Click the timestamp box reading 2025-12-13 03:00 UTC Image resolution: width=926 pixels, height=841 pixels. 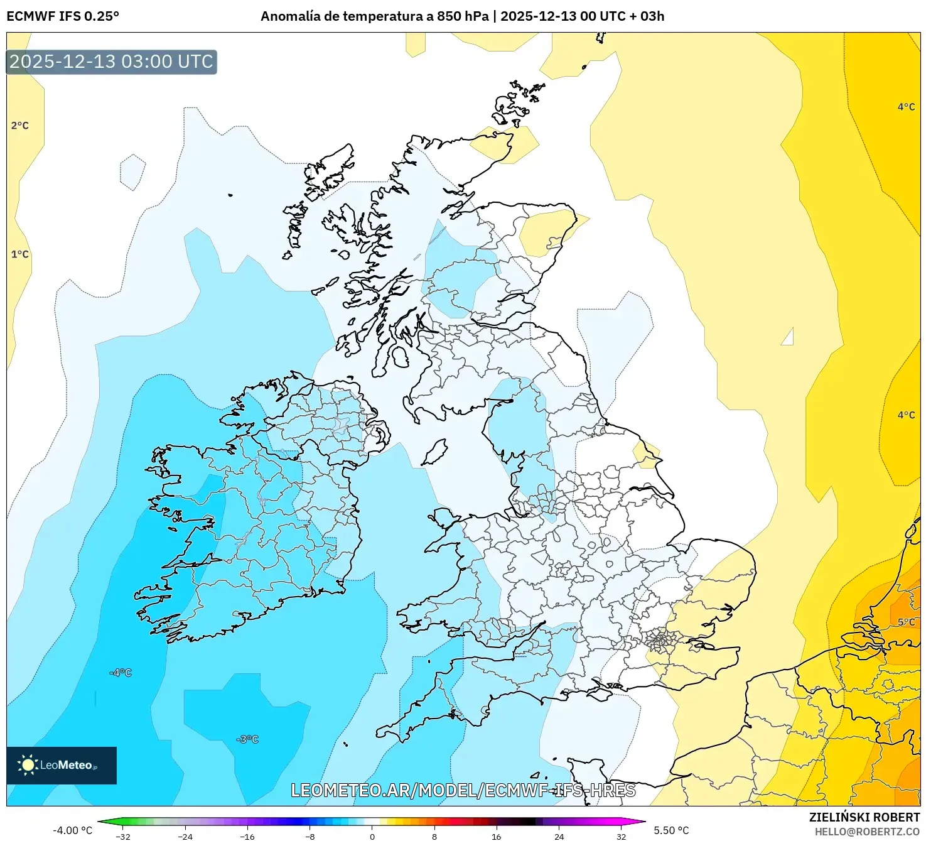111,62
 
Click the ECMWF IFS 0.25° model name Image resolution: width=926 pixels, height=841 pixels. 63,16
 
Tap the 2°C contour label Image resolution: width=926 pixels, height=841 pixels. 20,126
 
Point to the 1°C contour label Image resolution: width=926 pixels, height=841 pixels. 20,254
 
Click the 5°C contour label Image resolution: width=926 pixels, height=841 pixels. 906,622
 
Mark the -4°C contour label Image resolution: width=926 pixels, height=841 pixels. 121,673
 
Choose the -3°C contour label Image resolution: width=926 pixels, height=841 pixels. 248,739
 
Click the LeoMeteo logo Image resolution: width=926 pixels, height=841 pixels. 62,765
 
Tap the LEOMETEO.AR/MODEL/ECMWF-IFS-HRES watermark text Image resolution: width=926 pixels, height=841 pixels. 463,790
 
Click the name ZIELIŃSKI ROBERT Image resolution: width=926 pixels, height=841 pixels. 864,817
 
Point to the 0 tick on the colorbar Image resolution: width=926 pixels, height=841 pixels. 372,836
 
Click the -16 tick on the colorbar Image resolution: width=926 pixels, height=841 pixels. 247,836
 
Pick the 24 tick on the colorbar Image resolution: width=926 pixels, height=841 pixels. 559,836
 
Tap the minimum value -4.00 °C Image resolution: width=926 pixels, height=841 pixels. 72,830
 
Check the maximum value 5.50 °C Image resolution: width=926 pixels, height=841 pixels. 671,830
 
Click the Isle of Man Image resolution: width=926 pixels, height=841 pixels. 434,453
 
